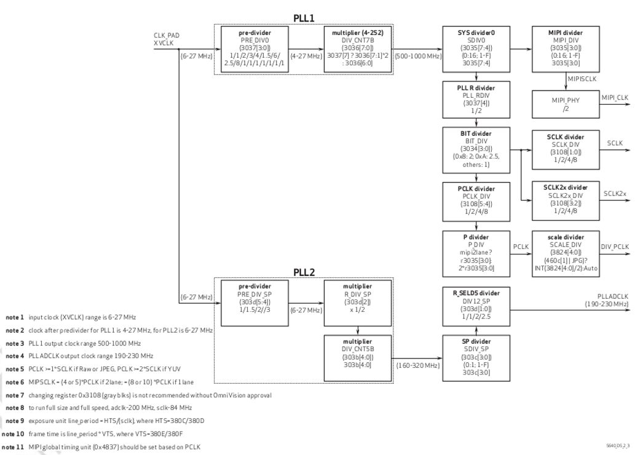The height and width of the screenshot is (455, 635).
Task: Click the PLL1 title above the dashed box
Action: coord(304,19)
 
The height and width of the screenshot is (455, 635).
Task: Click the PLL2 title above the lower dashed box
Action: coord(304,272)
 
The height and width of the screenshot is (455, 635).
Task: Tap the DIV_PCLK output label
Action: coord(615,247)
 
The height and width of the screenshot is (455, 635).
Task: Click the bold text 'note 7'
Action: coord(14,395)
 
